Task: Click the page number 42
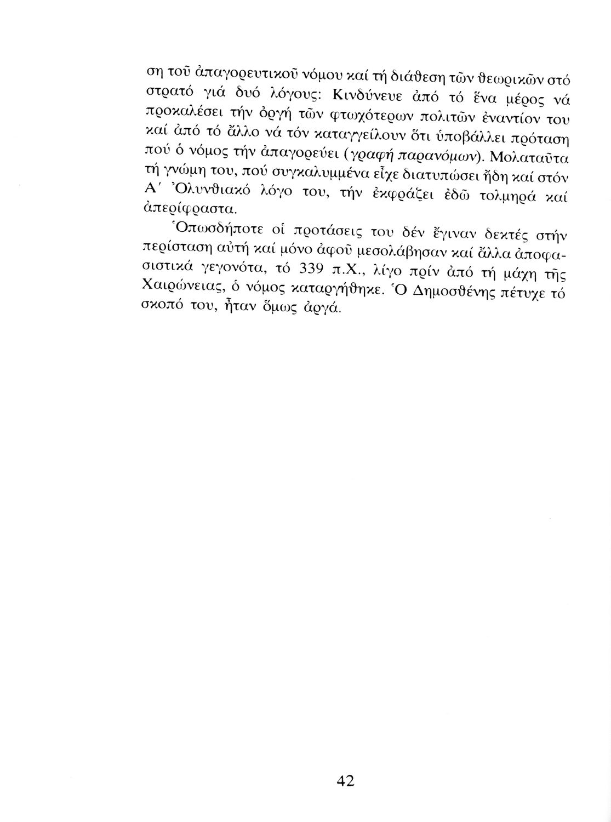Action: tap(346, 781)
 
